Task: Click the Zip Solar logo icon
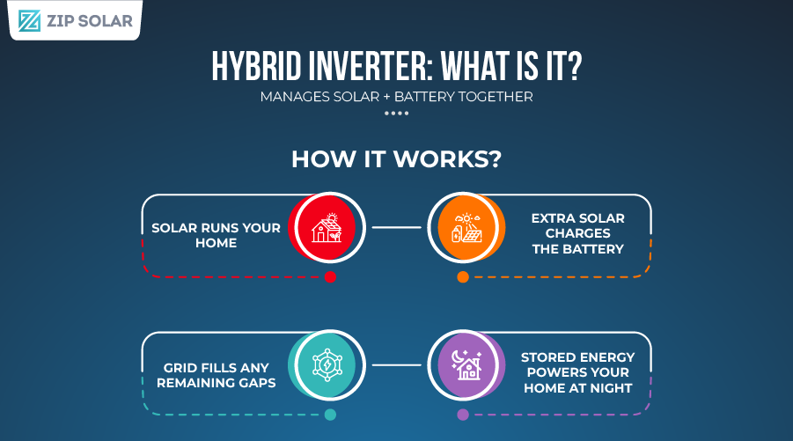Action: click(x=29, y=20)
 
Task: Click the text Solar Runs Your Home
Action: click(x=216, y=235)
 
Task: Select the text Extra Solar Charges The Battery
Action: click(x=577, y=233)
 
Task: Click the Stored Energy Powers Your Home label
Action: click(x=576, y=372)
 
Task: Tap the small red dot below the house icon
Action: click(x=330, y=277)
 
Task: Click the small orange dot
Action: click(x=463, y=277)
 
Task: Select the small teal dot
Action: click(x=330, y=415)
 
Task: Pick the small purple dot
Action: click(x=463, y=415)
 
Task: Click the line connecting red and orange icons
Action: click(x=396, y=227)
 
